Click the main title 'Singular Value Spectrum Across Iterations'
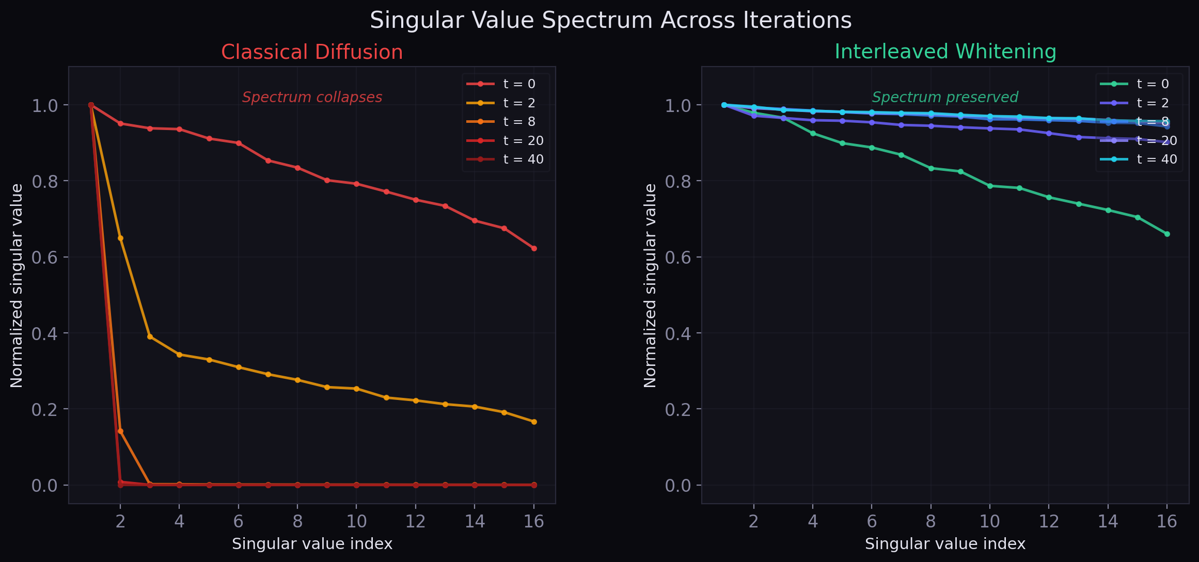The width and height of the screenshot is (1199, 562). coord(610,21)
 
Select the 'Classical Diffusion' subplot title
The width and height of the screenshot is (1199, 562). coord(312,52)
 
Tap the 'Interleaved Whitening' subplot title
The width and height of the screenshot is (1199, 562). coord(945,52)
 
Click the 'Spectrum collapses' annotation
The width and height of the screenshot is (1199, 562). coord(312,97)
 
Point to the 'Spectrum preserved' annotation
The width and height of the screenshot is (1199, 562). coord(944,97)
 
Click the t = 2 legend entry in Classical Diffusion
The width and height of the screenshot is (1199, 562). coord(519,103)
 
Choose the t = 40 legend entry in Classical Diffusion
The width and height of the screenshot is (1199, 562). coord(523,159)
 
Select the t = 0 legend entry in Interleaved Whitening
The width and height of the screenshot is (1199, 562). coord(1153,84)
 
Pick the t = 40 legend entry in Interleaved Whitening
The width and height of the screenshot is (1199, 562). coord(1157,159)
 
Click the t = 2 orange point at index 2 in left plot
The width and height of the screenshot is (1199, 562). coord(120,238)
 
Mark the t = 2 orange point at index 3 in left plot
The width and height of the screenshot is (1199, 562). coord(150,336)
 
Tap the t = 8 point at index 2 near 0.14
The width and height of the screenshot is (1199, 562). coord(120,431)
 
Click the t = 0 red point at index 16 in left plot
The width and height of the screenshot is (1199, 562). coord(534,249)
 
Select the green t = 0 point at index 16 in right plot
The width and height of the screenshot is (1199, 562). coord(1167,234)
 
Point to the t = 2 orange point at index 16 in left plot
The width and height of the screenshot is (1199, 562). coord(534,422)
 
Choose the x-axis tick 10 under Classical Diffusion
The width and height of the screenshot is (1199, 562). coord(356,522)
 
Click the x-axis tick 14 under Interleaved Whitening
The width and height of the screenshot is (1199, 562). coord(1108,522)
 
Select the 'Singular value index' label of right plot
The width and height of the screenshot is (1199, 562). coord(945,544)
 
